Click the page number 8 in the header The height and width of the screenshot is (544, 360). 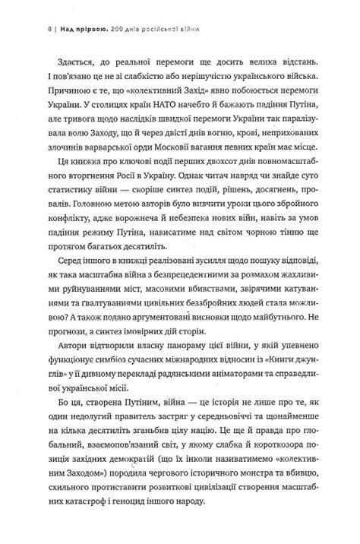pos(48,10)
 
